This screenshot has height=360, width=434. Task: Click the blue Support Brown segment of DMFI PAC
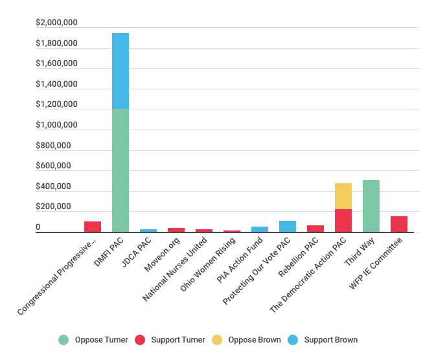(x=120, y=71)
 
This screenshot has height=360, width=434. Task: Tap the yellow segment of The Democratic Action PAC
(x=343, y=196)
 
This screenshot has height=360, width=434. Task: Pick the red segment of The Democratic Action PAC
(x=343, y=221)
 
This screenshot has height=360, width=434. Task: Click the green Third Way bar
(x=371, y=206)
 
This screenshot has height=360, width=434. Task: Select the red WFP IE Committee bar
(x=399, y=224)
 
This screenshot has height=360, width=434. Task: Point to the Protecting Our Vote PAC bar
(x=288, y=227)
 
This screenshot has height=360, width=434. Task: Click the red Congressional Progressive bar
(x=93, y=227)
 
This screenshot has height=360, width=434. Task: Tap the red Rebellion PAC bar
(x=315, y=229)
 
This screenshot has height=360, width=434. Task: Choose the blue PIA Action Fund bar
(x=260, y=229)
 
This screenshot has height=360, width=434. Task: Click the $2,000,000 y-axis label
(x=57, y=23)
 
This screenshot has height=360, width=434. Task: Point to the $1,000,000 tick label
(x=57, y=125)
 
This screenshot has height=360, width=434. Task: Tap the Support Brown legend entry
(x=323, y=340)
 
